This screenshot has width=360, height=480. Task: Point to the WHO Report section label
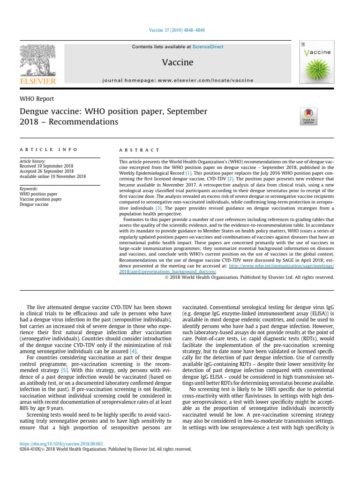(37, 99)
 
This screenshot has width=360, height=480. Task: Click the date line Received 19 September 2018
(47, 166)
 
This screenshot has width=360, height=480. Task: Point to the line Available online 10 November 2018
(52, 177)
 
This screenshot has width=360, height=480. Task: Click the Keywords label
(29, 188)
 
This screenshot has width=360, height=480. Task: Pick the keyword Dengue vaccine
(34, 204)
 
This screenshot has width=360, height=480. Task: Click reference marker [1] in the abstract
(188, 173)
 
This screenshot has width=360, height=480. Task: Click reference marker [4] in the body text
(134, 351)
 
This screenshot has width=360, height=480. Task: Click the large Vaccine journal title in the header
(177, 63)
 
